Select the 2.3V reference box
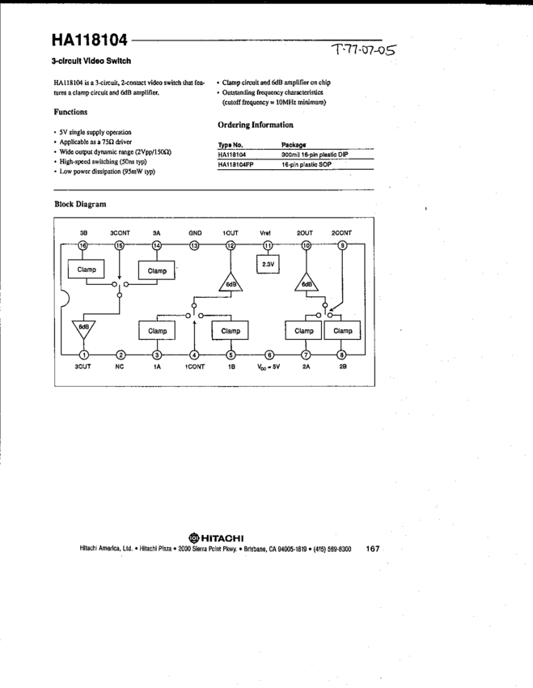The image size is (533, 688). (x=269, y=264)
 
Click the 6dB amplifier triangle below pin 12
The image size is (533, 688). (x=231, y=282)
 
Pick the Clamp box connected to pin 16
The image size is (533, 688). (x=87, y=270)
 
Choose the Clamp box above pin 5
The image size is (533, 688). (x=231, y=330)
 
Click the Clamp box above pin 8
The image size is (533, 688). (x=343, y=330)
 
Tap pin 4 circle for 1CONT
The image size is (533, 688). (x=194, y=355)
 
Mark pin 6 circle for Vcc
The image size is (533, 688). (x=269, y=355)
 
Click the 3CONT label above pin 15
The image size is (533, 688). (x=120, y=232)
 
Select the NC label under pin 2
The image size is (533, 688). (x=121, y=367)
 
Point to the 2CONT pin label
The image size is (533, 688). (x=341, y=232)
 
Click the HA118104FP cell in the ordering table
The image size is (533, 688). (x=236, y=164)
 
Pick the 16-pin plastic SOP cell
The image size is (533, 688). (x=307, y=164)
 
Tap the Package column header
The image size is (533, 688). (x=293, y=144)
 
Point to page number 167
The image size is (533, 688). (x=373, y=548)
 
